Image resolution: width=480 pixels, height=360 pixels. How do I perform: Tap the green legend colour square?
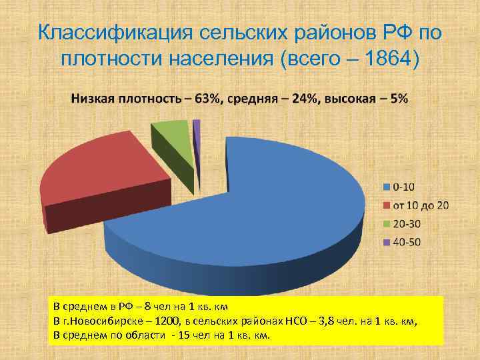[386, 223]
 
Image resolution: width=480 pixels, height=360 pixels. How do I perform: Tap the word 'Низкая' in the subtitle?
[96, 98]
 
